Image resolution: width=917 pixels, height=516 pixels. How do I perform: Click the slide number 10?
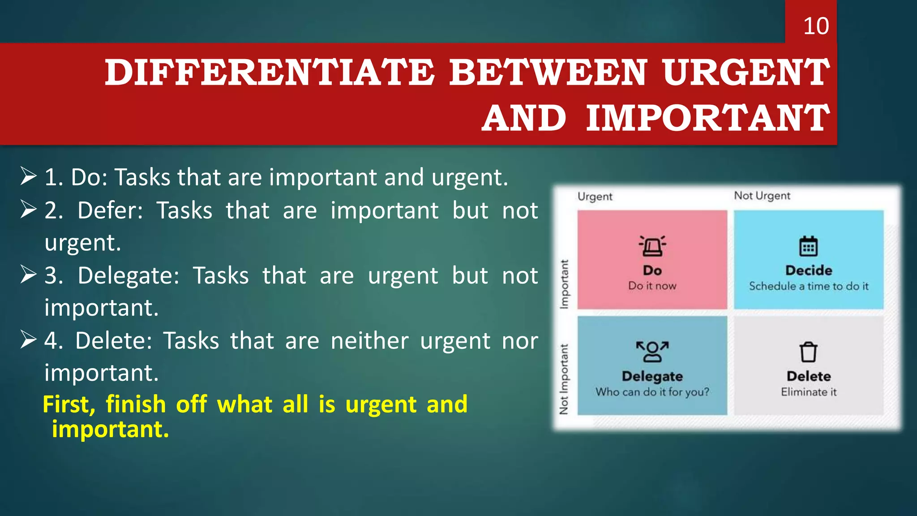pyautogui.click(x=815, y=26)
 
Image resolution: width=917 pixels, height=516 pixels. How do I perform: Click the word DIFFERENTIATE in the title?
pyautogui.click(x=269, y=73)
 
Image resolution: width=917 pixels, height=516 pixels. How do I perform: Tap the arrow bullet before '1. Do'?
pyautogui.click(x=28, y=176)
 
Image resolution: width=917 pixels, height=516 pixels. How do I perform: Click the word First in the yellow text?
pyautogui.click(x=68, y=404)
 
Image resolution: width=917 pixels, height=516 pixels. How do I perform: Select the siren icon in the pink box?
pyautogui.click(x=652, y=246)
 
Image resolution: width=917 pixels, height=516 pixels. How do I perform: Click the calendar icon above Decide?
pyautogui.click(x=808, y=246)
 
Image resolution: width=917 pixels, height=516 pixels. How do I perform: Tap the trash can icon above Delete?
pyautogui.click(x=808, y=352)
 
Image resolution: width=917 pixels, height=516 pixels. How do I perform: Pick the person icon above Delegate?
pyautogui.click(x=652, y=352)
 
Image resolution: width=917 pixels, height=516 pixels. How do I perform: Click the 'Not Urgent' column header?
pyautogui.click(x=762, y=196)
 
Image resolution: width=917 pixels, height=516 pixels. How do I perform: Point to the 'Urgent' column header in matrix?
pyautogui.click(x=595, y=197)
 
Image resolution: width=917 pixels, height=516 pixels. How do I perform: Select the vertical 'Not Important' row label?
pyautogui.click(x=564, y=379)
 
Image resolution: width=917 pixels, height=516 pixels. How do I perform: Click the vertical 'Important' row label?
pyautogui.click(x=564, y=284)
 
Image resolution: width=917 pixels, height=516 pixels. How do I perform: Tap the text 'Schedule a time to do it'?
pyautogui.click(x=808, y=286)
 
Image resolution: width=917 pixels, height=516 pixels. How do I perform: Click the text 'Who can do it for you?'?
pyautogui.click(x=652, y=392)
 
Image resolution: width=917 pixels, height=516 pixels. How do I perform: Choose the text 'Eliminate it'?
pyautogui.click(x=808, y=392)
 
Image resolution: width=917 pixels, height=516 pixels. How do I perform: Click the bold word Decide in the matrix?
pyautogui.click(x=808, y=271)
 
